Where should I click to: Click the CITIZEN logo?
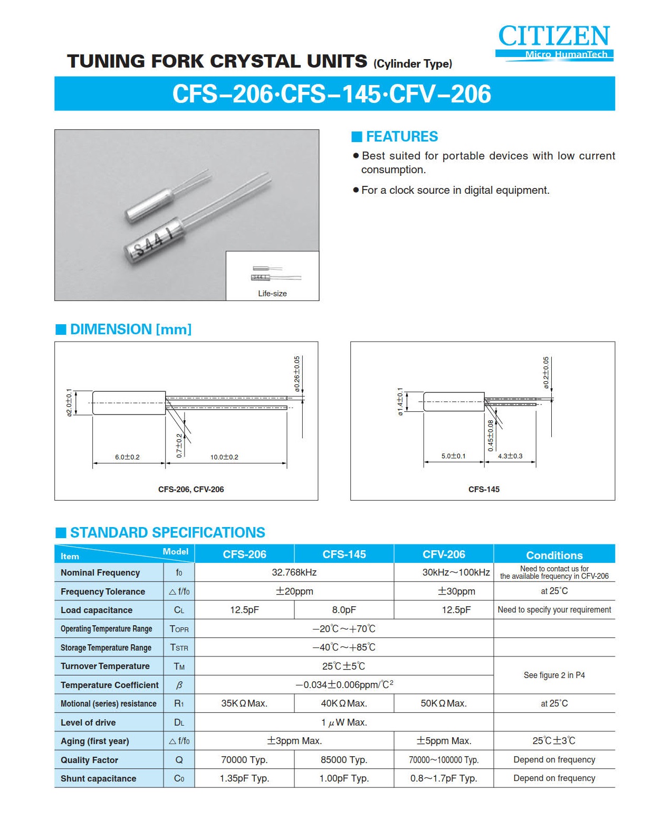click(x=554, y=37)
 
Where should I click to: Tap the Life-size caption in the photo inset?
click(x=272, y=294)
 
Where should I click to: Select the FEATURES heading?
click(x=401, y=137)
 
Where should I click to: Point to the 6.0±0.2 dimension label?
click(x=127, y=457)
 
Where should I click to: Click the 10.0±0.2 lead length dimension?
click(x=224, y=457)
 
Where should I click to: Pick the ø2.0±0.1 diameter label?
click(x=69, y=403)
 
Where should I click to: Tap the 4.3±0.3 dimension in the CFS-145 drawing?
click(x=510, y=456)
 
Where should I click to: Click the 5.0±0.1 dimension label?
click(x=454, y=456)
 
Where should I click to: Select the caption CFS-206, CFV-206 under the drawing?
click(x=191, y=490)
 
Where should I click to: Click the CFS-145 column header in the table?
click(x=344, y=554)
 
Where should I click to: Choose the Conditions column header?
click(x=554, y=555)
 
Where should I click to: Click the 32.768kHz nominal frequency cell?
click(x=294, y=572)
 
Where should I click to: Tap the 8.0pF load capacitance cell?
click(x=344, y=610)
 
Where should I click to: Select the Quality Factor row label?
click(x=90, y=760)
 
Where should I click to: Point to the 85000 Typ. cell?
click(x=344, y=760)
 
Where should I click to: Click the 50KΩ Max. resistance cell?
click(x=444, y=703)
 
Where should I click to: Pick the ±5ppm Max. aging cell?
click(x=444, y=741)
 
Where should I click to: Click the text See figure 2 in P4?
click(x=554, y=675)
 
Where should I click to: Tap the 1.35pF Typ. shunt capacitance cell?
click(x=244, y=778)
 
